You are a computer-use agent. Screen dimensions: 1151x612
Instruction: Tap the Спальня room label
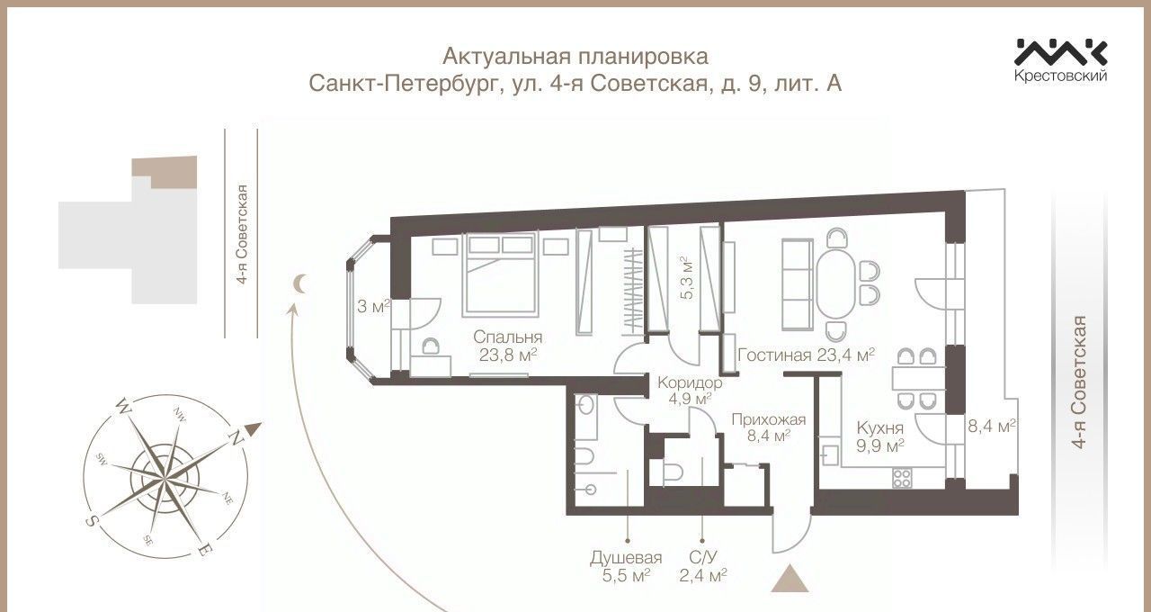click(507, 337)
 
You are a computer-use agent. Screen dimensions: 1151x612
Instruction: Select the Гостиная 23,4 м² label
click(806, 355)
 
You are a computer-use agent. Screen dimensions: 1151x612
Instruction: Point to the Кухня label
click(879, 427)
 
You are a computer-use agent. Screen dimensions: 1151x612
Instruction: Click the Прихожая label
click(768, 419)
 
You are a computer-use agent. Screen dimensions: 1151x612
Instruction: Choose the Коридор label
click(690, 382)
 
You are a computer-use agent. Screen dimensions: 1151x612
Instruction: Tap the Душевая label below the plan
click(626, 557)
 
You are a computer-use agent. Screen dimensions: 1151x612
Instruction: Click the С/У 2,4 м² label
click(703, 566)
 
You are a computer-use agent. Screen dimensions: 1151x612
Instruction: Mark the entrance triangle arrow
click(790, 579)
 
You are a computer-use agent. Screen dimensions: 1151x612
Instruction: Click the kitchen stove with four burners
click(902, 478)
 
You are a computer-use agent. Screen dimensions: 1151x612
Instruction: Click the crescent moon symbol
click(300, 283)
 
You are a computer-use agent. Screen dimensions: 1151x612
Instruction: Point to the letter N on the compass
click(236, 438)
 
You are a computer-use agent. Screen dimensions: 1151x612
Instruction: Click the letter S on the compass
click(91, 520)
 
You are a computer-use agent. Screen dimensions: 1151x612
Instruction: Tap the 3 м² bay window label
click(373, 307)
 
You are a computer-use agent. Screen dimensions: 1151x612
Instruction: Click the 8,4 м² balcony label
click(992, 426)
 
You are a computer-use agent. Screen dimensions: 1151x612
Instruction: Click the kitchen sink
click(829, 454)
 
